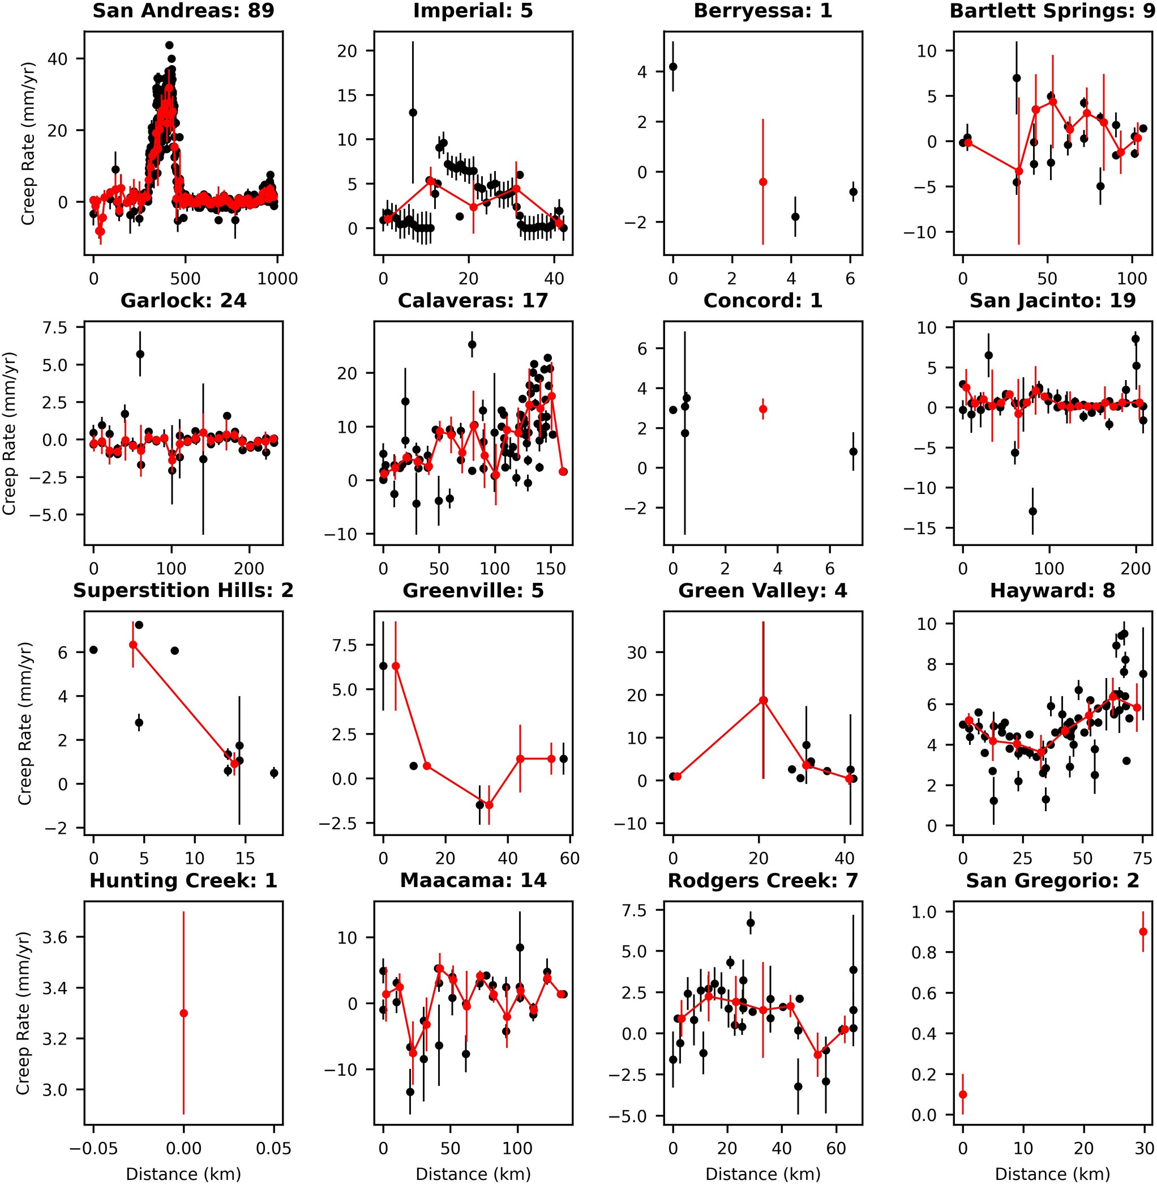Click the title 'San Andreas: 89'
click(183, 10)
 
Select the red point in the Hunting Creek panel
click(183, 1013)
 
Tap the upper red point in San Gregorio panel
click(1143, 931)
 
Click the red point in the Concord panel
click(763, 409)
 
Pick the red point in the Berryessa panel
click(763, 182)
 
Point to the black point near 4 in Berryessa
click(672, 67)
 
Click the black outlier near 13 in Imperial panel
click(413, 113)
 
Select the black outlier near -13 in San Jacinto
click(1032, 511)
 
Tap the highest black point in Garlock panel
click(140, 354)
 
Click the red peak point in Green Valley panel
click(764, 701)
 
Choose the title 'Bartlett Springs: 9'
click(1052, 10)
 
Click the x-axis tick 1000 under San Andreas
click(277, 279)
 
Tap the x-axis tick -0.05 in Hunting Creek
click(93, 1149)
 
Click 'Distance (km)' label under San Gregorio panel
click(1052, 1174)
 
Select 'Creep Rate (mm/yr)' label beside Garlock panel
click(10, 433)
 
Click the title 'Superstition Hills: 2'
click(183, 590)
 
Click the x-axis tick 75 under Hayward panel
click(1143, 859)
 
